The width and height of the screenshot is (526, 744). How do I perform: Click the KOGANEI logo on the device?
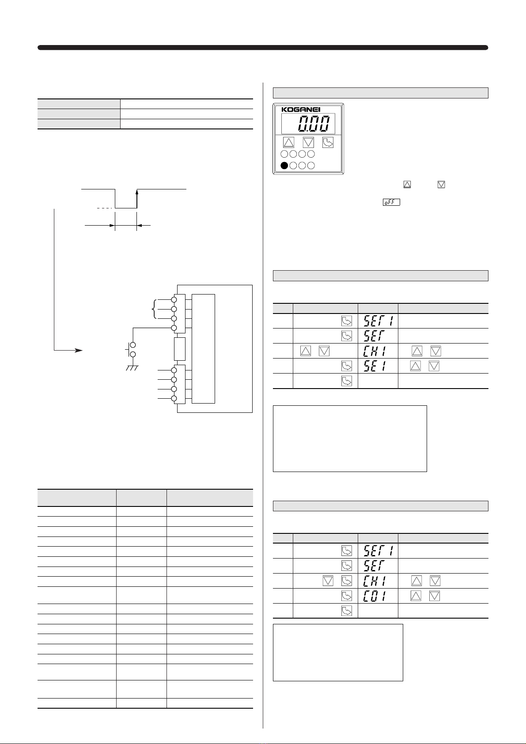pyautogui.click(x=301, y=110)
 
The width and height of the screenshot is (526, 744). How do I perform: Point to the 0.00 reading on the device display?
pyautogui.click(x=314, y=124)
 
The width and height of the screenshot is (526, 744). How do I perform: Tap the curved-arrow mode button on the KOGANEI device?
pyautogui.click(x=328, y=143)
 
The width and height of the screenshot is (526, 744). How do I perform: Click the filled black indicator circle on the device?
pyautogui.click(x=284, y=166)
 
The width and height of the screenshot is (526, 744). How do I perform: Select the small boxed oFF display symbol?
pyautogui.click(x=391, y=202)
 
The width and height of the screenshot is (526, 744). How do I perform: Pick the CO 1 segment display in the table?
pyautogui.click(x=375, y=596)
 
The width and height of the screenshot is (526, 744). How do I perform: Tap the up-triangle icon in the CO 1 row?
pyautogui.click(x=416, y=596)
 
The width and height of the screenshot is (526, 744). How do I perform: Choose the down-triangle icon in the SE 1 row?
pyautogui.click(x=434, y=366)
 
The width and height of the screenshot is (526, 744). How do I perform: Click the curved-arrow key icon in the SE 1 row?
pyautogui.click(x=347, y=366)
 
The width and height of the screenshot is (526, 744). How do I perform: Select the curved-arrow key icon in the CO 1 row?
pyautogui.click(x=347, y=596)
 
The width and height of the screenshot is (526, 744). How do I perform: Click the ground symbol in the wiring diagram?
pyautogui.click(x=132, y=368)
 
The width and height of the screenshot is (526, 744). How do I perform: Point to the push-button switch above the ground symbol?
pyautogui.click(x=131, y=350)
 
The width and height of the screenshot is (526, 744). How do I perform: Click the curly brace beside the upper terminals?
pyautogui.click(x=154, y=309)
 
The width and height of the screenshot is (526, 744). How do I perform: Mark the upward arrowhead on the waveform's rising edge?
pyautogui.click(x=137, y=192)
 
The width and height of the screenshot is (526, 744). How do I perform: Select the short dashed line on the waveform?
pyautogui.click(x=104, y=208)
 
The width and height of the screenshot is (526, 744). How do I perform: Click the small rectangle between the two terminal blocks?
pyautogui.click(x=180, y=349)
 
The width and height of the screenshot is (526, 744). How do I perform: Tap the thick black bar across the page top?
pyautogui.click(x=263, y=48)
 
